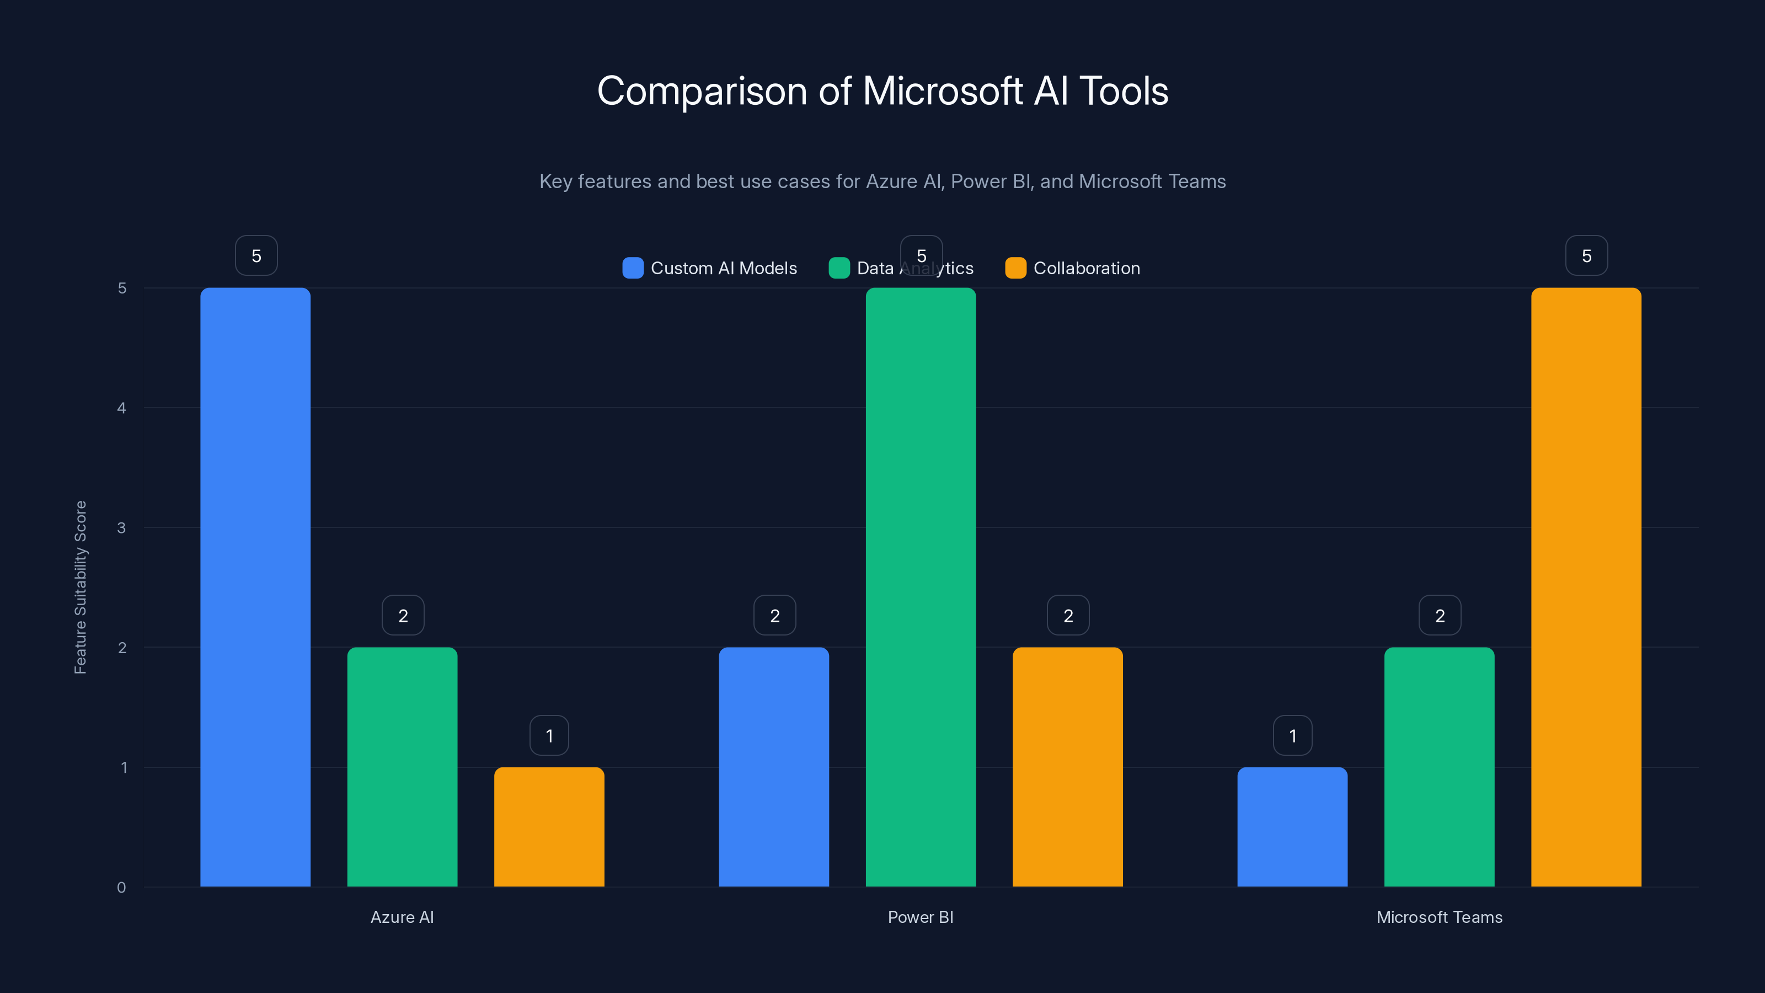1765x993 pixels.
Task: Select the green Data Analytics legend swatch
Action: pyautogui.click(x=838, y=268)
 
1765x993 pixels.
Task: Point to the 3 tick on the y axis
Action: pyautogui.click(x=121, y=528)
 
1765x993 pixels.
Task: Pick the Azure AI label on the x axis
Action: pyautogui.click(x=402, y=917)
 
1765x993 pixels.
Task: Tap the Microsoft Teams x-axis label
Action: pyautogui.click(x=1439, y=917)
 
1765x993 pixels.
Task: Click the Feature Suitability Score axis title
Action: pyautogui.click(x=80, y=588)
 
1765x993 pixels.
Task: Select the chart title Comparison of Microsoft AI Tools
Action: pyautogui.click(x=882, y=90)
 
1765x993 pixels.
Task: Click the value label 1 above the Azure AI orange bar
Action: pyautogui.click(x=549, y=735)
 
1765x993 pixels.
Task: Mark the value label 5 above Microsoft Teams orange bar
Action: pyautogui.click(x=1586, y=255)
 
